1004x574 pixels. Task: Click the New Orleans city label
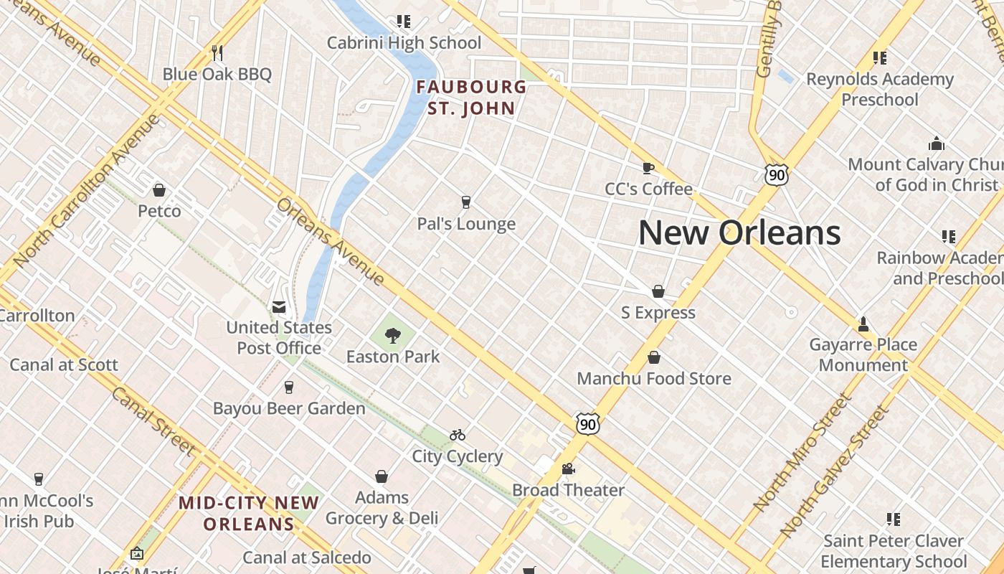click(739, 232)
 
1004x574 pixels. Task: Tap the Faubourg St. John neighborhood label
click(471, 98)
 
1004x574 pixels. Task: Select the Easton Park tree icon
click(392, 335)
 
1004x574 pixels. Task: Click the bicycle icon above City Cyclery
click(458, 435)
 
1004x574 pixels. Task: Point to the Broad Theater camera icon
click(568, 469)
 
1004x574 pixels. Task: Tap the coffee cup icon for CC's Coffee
click(648, 168)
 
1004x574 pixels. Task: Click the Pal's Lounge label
click(466, 224)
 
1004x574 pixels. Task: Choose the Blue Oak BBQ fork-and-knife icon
click(217, 52)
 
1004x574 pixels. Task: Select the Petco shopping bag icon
click(159, 190)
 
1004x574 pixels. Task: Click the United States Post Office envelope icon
click(279, 307)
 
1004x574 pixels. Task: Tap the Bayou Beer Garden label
click(289, 408)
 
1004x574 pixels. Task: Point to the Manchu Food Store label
click(654, 378)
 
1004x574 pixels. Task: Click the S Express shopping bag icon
click(658, 291)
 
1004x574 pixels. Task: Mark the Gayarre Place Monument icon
click(863, 324)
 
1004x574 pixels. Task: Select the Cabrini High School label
click(404, 42)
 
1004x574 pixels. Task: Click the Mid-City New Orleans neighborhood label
click(249, 513)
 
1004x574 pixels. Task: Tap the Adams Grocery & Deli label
click(382, 507)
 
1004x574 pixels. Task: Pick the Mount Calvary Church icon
click(937, 143)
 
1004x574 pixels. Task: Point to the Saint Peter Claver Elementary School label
click(894, 550)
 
